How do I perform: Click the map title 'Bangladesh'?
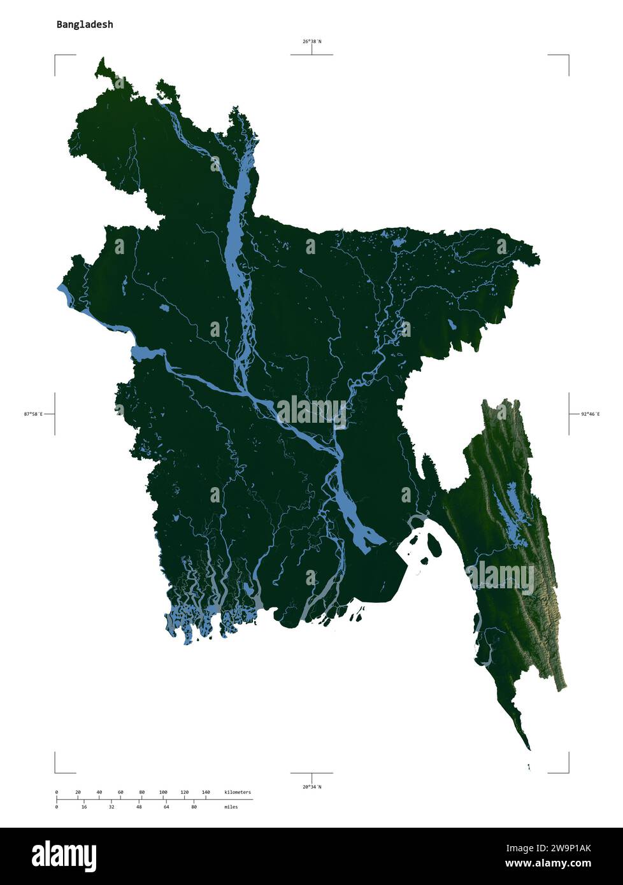(x=85, y=25)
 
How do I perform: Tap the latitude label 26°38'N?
(x=311, y=41)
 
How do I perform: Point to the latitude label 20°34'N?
(x=311, y=787)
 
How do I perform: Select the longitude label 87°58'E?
(x=33, y=414)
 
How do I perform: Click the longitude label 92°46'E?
(x=589, y=414)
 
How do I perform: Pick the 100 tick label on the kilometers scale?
(x=163, y=792)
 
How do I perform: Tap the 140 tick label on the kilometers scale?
(x=206, y=792)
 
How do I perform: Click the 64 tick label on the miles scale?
(x=166, y=807)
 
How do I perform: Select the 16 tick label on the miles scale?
(x=84, y=807)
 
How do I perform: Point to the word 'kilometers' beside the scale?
(x=238, y=792)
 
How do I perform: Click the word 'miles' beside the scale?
(x=231, y=807)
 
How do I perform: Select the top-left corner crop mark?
(x=56, y=57)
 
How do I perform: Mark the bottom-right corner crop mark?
(x=567, y=771)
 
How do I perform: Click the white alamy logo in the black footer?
(x=64, y=855)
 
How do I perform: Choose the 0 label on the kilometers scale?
(x=57, y=792)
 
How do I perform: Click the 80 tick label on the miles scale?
(x=194, y=807)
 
